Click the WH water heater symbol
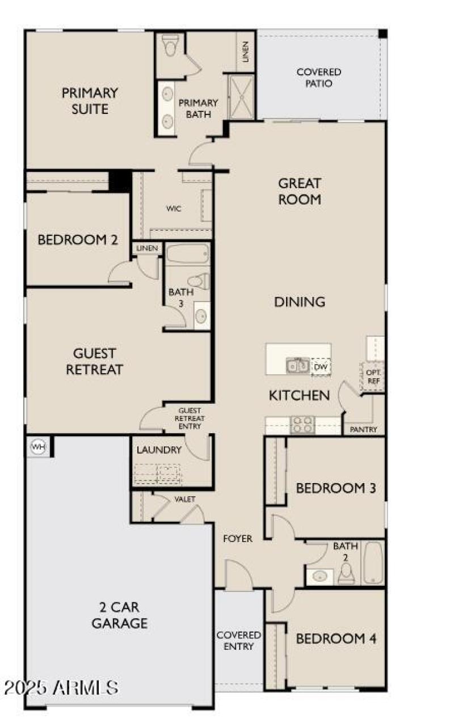click(38, 446)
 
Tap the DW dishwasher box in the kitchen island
click(321, 367)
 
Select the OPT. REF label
click(373, 377)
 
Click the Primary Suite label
click(90, 100)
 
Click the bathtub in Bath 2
click(373, 562)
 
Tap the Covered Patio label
click(319, 78)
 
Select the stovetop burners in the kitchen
click(302, 425)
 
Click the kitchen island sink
click(297, 366)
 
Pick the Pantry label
click(364, 430)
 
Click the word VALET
click(185, 499)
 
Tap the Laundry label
click(159, 450)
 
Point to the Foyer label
click(238, 539)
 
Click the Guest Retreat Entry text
click(190, 418)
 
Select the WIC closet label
click(174, 209)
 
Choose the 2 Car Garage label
click(120, 615)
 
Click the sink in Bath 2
click(320, 576)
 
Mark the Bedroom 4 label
click(336, 638)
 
